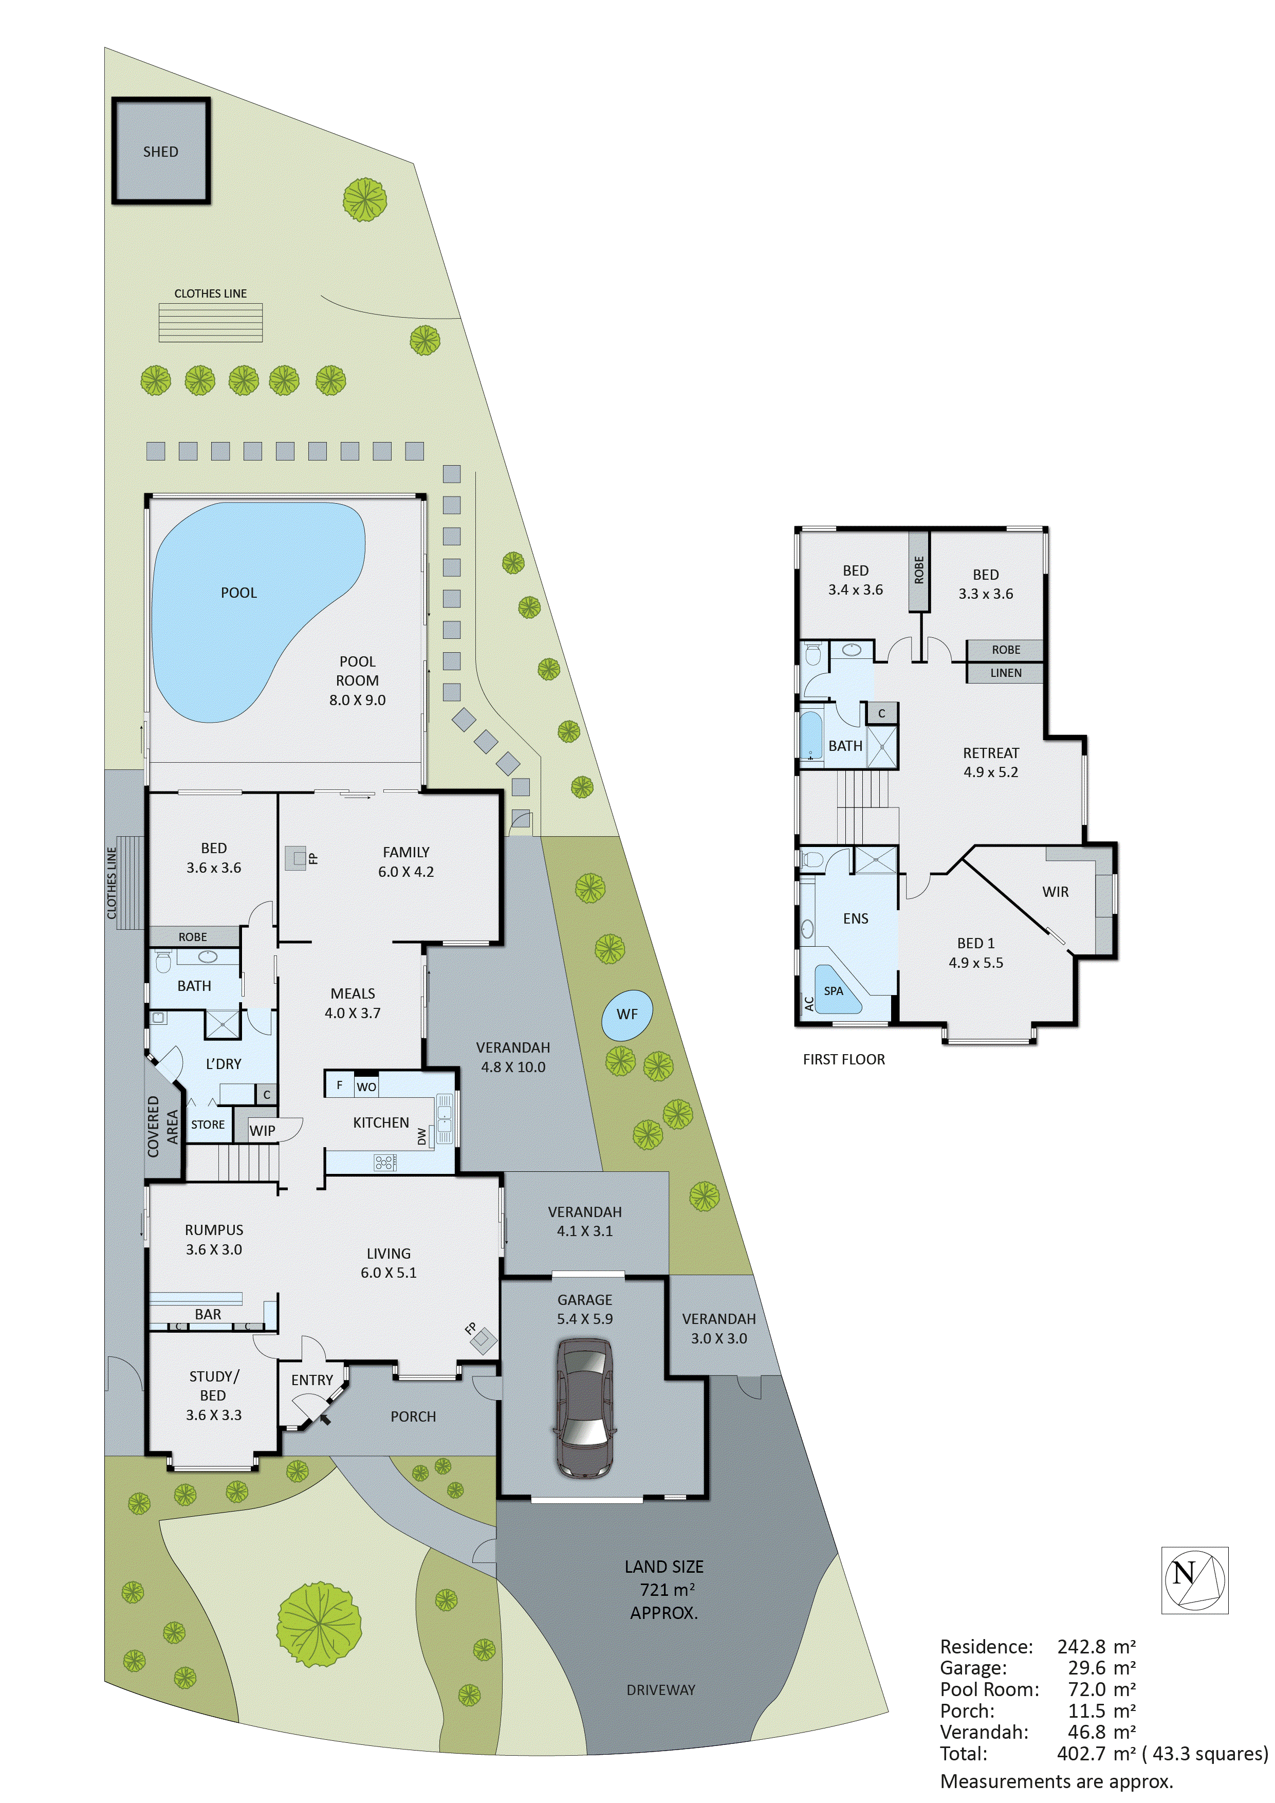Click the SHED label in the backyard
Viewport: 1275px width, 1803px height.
(160, 152)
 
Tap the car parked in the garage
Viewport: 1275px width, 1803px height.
(584, 1409)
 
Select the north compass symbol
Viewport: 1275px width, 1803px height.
(1194, 1581)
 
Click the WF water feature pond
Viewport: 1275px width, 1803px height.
(626, 1015)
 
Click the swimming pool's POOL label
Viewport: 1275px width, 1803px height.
(238, 593)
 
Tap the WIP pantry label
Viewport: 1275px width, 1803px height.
(262, 1131)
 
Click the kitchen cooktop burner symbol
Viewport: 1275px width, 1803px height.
(385, 1162)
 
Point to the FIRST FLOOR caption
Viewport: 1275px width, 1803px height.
(843, 1059)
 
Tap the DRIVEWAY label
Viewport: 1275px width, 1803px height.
(660, 1690)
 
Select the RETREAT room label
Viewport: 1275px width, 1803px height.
(991, 753)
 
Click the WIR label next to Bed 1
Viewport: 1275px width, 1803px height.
(1055, 892)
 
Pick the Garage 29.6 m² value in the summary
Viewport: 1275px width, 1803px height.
(1101, 1667)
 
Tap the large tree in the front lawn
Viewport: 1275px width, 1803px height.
(319, 1624)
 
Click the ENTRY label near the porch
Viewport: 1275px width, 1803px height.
(312, 1379)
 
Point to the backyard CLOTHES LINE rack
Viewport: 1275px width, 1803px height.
(210, 322)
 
